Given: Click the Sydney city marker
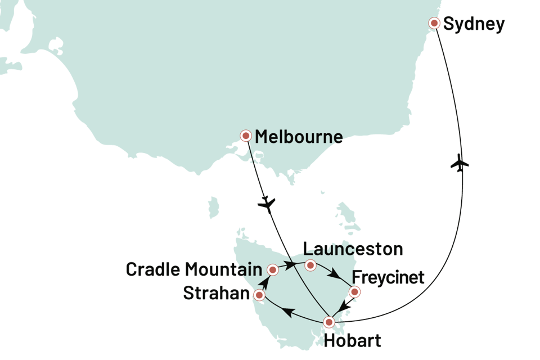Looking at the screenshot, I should coord(434,23).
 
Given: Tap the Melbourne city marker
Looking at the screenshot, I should coord(246,136).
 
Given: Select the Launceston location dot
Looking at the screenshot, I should coord(310,265).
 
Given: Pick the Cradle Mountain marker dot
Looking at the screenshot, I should coord(273,270).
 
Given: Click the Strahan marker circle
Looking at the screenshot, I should coord(259,295).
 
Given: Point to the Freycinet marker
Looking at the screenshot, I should coord(354,292).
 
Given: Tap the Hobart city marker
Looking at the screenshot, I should coord(329,322).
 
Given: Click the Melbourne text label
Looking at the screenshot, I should coord(299,137).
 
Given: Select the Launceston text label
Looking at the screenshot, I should coord(353,249).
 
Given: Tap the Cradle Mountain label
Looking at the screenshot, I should coord(193,269).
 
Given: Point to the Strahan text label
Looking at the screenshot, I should coord(216,294).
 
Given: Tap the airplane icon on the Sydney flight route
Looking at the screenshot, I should coord(460,165).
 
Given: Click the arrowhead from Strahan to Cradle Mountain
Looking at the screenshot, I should coord(264,280).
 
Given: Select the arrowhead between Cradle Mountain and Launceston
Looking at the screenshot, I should coord(291,263).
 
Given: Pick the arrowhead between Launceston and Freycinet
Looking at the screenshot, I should coord(336,276).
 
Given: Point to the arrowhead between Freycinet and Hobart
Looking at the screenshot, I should coord(345,304).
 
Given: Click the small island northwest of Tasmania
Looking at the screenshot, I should coord(213,207).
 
